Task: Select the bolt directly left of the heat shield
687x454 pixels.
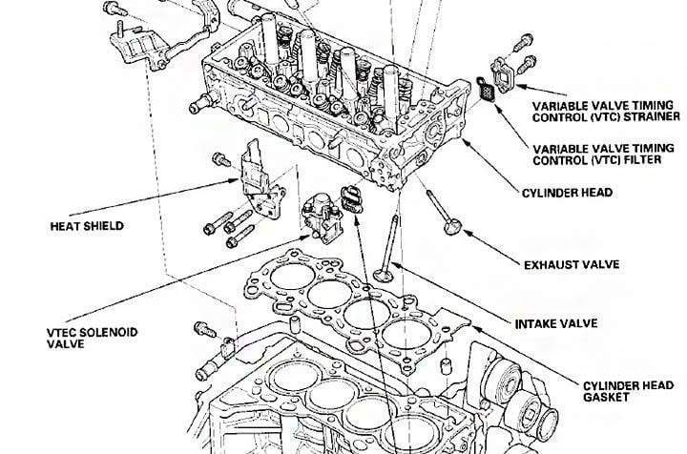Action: tap(220, 157)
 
